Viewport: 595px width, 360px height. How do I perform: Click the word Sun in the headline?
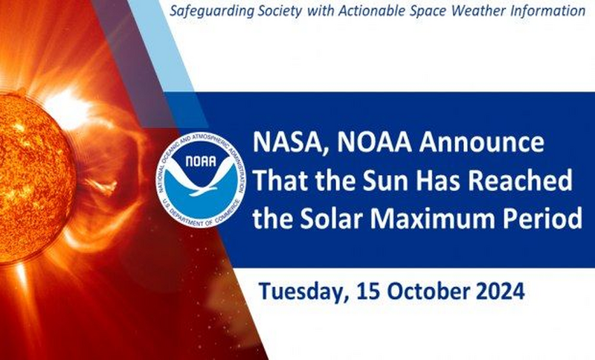(x=382, y=181)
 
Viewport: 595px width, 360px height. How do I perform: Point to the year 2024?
(x=500, y=292)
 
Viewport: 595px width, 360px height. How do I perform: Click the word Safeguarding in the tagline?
(x=212, y=11)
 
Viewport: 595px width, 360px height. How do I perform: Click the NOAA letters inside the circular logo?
(x=201, y=161)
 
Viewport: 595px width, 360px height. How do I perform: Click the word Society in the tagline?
(x=280, y=11)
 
